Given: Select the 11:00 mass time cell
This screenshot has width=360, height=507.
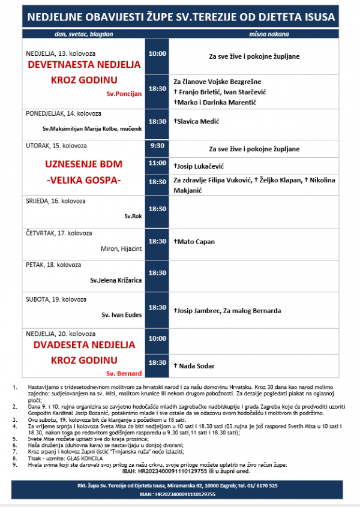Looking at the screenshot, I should [x=157, y=163].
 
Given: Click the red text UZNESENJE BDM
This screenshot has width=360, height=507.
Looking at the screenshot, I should [x=83, y=163].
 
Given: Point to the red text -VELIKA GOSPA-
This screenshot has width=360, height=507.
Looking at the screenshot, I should [x=83, y=179].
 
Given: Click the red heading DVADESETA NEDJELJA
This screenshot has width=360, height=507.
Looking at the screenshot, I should [x=83, y=346].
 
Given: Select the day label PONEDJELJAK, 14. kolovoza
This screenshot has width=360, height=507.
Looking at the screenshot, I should [x=62, y=113].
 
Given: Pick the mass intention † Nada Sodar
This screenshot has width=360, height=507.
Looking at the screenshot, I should [x=194, y=365].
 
